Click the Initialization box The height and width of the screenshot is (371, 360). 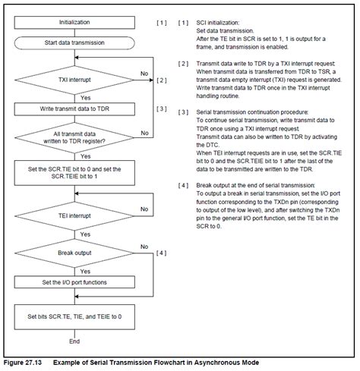click(74, 23)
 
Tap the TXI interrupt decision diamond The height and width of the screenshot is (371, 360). click(74, 79)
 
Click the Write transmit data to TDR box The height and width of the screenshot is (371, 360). click(74, 108)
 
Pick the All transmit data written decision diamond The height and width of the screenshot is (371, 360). click(74, 137)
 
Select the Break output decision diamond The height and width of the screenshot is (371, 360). click(74, 252)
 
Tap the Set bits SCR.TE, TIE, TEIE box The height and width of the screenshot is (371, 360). click(74, 315)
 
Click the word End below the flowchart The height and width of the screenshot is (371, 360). click(74, 342)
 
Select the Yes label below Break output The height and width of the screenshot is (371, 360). click(84, 269)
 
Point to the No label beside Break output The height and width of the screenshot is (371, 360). click(144, 247)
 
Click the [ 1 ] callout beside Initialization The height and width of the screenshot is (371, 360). click(161, 23)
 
